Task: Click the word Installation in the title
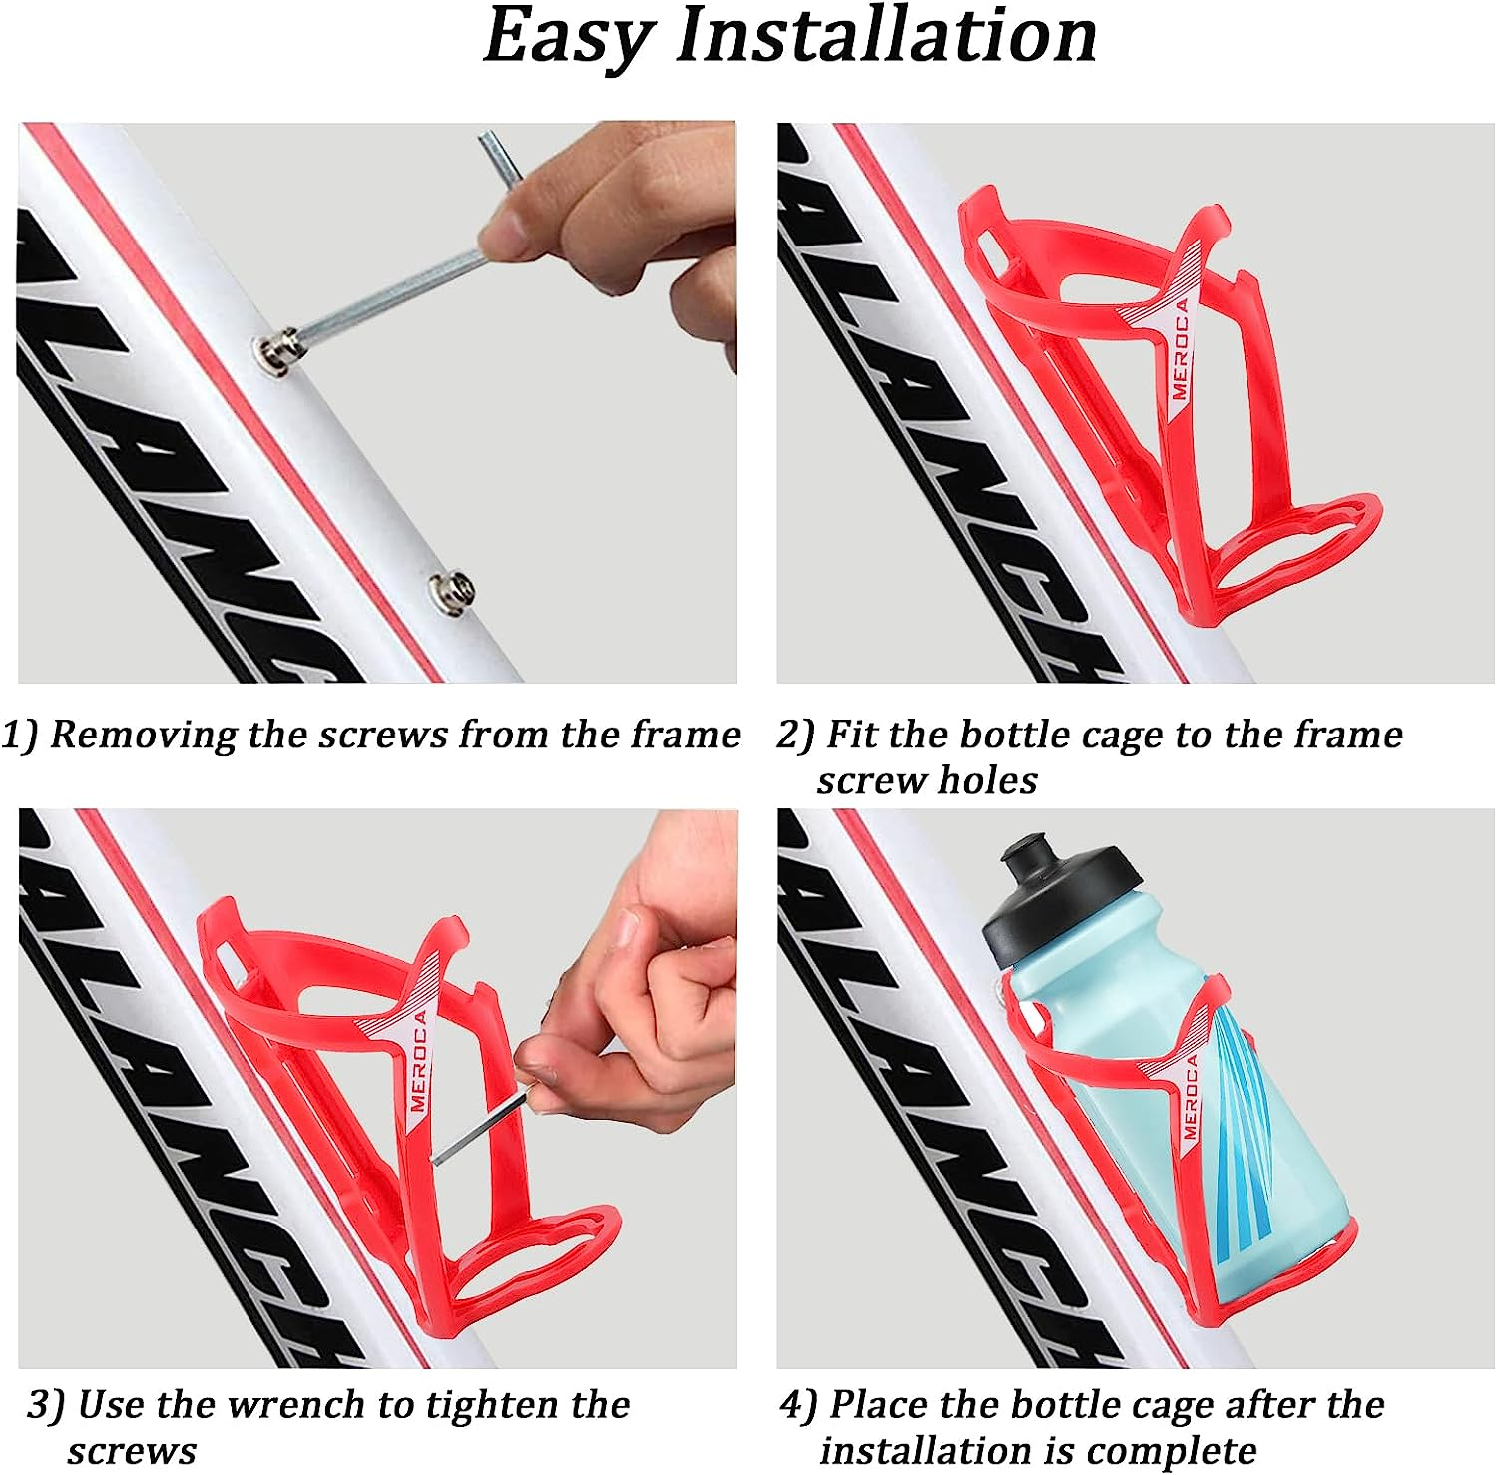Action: click(886, 36)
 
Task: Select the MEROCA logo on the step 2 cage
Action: click(1180, 349)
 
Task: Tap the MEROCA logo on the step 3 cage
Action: click(418, 1061)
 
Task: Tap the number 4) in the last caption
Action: click(798, 1406)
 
